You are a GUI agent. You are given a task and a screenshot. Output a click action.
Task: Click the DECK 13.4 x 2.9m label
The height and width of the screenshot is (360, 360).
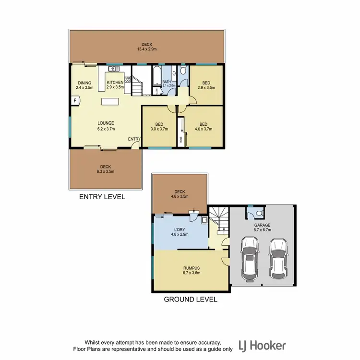tap(147, 47)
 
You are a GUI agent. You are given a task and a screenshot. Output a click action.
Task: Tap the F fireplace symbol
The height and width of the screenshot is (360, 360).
tap(75, 100)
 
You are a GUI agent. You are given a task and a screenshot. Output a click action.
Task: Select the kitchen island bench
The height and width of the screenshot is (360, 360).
tap(110, 102)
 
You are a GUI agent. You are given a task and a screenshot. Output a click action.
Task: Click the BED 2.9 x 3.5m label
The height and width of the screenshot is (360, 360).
tap(206, 85)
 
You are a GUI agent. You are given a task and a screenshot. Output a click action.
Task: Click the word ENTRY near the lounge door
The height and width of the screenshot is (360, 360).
tap(134, 139)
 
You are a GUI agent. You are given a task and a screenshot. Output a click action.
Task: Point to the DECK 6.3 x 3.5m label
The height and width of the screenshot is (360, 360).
tap(106, 168)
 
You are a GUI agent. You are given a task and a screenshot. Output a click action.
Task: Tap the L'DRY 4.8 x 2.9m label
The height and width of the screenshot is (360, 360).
tap(181, 232)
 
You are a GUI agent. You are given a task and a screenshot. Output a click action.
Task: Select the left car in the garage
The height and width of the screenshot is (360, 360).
tap(250, 259)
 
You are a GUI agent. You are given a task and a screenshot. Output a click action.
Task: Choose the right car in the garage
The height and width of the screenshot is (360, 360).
tap(278, 258)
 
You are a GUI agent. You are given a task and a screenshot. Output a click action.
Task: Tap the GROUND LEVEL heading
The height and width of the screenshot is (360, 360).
tap(191, 300)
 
